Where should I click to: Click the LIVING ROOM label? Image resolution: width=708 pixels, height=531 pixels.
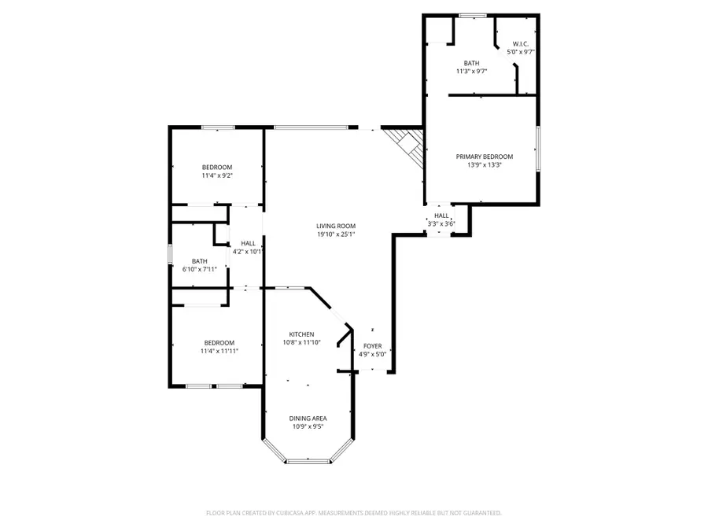336,226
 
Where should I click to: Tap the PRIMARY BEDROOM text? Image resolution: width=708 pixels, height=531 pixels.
485,157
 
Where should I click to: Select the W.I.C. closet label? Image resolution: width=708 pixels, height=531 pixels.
520,44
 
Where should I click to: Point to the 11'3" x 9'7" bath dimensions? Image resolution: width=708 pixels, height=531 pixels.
471,72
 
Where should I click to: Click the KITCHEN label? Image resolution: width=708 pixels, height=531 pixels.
301,334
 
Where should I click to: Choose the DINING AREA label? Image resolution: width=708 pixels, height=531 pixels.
308,419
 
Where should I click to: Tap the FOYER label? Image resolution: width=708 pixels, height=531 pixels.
372,346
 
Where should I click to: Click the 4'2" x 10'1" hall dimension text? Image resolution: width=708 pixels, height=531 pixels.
246,252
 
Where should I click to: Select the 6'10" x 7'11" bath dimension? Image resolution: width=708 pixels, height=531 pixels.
200,269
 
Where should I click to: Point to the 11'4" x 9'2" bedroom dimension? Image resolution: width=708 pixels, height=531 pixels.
217,175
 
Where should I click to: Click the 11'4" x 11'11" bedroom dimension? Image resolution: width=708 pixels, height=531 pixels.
219,351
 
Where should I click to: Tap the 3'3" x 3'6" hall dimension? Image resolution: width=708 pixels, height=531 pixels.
441,223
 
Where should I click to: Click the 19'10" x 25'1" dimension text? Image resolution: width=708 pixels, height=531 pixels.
336,234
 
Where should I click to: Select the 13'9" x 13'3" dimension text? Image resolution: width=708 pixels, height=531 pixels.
485,164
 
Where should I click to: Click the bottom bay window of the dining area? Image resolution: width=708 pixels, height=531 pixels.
308,461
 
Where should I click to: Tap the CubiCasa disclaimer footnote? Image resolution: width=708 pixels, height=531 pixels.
353,513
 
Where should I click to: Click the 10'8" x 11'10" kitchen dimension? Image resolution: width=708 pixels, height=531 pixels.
301,342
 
